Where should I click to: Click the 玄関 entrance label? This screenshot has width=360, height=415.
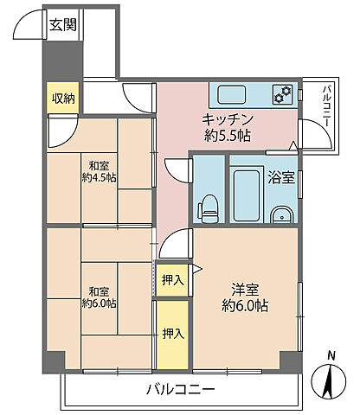pos(63,25)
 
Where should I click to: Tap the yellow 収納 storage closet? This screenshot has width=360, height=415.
pos(63,98)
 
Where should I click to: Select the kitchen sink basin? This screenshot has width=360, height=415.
pos(232,95)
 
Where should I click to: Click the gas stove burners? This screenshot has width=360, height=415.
pos(283,94)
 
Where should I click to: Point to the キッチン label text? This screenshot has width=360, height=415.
pos(228,119)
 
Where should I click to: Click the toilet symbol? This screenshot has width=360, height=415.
pos(209,208)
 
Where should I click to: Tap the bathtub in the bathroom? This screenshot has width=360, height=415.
pos(247,195)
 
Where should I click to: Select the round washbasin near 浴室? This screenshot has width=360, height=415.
pos(282,214)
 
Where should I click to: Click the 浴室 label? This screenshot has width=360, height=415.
pos(281,177)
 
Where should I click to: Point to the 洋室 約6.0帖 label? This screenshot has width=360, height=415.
pos(245,297)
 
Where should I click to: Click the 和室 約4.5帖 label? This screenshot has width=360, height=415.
pos(99,172)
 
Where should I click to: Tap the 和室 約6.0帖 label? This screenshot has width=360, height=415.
pos(99,297)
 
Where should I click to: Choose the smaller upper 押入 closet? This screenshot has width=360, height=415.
pos(172,279)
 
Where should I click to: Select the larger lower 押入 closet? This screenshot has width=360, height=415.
pos(172,335)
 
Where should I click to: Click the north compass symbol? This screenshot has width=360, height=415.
pos(329,381)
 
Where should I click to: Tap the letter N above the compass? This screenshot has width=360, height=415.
pos(331,356)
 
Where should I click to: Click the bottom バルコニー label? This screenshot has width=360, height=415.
pos(181,390)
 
